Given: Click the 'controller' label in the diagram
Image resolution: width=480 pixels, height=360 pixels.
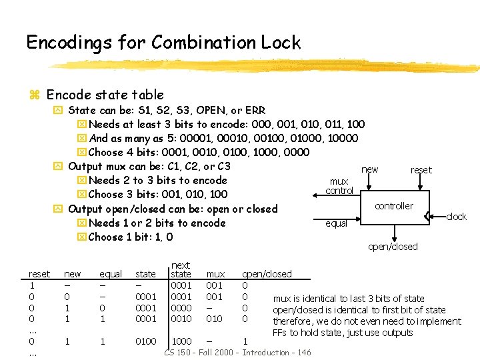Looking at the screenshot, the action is tap(393, 206).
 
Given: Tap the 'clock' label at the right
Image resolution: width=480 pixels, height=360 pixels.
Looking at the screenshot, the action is tap(456, 217).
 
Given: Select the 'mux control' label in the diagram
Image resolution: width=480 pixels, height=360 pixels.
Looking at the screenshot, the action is tap(339, 186).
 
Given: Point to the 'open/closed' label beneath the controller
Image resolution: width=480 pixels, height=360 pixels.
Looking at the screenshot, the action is tap(393, 247).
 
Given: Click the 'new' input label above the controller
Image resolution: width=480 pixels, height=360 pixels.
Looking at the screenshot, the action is tap(369, 169).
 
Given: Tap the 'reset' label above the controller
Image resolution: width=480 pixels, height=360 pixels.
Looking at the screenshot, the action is tap(421, 170).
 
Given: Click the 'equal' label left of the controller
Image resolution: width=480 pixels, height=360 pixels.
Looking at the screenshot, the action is tap(336, 223).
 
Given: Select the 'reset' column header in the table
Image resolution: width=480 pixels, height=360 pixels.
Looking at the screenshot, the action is tap(39, 274).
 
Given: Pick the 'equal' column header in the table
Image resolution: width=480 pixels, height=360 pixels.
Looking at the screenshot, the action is tap(111, 274).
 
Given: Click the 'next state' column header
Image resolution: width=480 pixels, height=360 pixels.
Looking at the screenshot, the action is tap(181, 270).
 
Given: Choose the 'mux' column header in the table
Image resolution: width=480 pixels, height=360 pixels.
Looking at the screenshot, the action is tap(215, 274).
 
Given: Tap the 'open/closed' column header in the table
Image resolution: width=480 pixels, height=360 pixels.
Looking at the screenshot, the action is tap(267, 274).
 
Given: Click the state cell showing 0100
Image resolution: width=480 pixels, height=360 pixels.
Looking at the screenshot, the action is tap(146, 341).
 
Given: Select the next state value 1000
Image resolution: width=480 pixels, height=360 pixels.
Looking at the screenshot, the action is tap(181, 341).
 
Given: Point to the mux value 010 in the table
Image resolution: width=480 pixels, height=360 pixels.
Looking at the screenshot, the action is tap(214, 319).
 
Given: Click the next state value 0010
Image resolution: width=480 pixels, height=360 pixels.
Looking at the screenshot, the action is tap(181, 319).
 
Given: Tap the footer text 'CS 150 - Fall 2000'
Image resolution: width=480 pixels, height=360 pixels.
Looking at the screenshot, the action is tap(200, 352).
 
